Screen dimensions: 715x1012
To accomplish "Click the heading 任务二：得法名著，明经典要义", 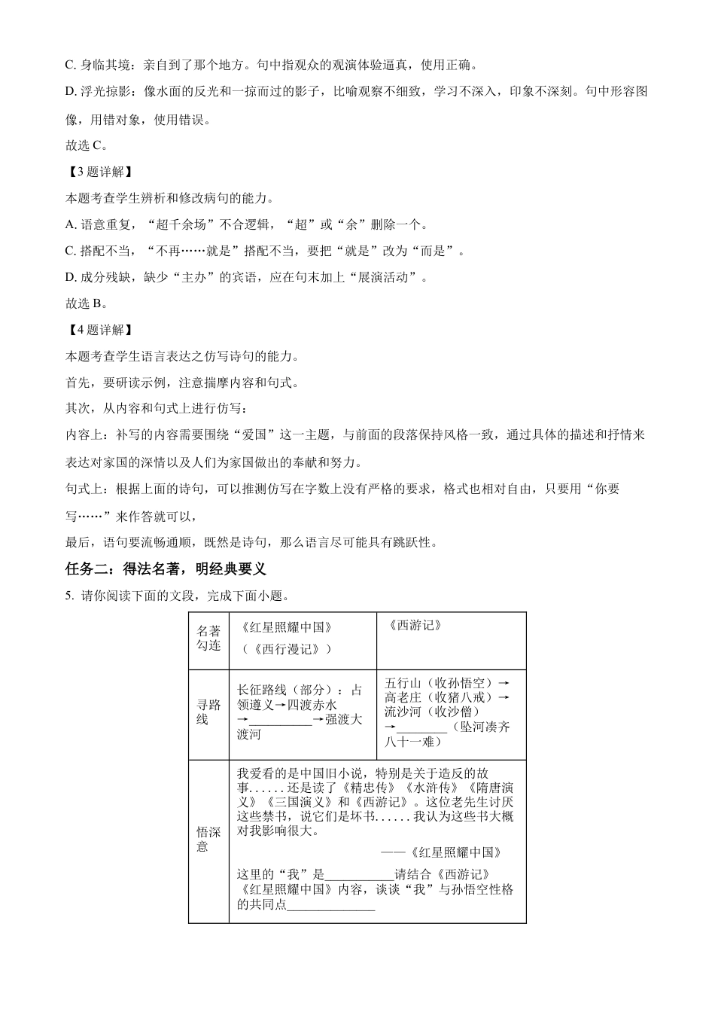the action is (x=166, y=569).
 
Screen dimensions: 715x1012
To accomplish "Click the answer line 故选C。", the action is (x=87, y=145).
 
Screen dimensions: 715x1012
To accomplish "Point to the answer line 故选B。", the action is (x=87, y=303).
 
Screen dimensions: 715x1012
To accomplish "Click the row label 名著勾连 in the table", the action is (x=208, y=639).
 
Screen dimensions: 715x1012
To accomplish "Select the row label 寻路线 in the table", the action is (x=208, y=712).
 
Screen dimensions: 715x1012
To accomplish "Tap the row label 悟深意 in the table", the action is (x=208, y=839).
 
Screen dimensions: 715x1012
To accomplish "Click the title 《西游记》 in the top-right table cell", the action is (x=416, y=626).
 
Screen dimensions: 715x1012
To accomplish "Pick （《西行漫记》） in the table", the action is (x=288, y=649).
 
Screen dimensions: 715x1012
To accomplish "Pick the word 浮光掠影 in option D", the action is (x=105, y=92).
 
